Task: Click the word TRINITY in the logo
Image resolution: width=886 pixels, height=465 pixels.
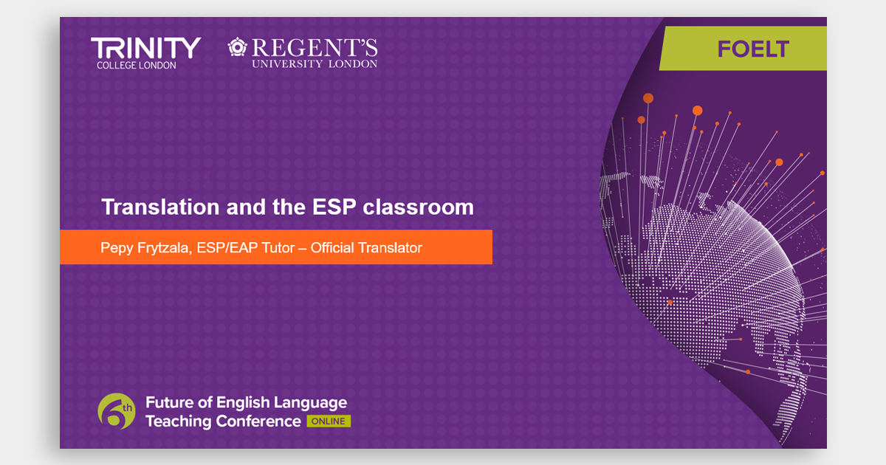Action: (x=146, y=48)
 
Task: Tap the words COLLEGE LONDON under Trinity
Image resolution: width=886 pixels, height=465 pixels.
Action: (x=137, y=66)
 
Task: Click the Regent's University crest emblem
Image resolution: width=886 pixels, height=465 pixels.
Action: (x=237, y=47)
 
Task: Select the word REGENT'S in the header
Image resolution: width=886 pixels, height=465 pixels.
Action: (x=315, y=48)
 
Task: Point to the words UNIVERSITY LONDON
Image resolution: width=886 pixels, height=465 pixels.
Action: (x=315, y=64)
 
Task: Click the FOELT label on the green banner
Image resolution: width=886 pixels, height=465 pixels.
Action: (x=753, y=49)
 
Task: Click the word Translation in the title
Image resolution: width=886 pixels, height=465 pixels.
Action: (x=160, y=207)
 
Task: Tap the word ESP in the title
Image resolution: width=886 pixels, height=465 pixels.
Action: (x=334, y=207)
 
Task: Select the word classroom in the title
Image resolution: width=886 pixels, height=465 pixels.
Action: (x=418, y=207)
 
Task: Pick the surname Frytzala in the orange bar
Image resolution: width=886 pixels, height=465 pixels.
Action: (x=165, y=248)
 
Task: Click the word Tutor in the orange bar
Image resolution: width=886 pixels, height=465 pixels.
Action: (x=278, y=247)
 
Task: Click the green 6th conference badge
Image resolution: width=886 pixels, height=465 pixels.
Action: (x=117, y=411)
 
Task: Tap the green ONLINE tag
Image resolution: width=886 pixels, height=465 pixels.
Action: (x=329, y=421)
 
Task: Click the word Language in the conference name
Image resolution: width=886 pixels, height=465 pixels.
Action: (x=311, y=403)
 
